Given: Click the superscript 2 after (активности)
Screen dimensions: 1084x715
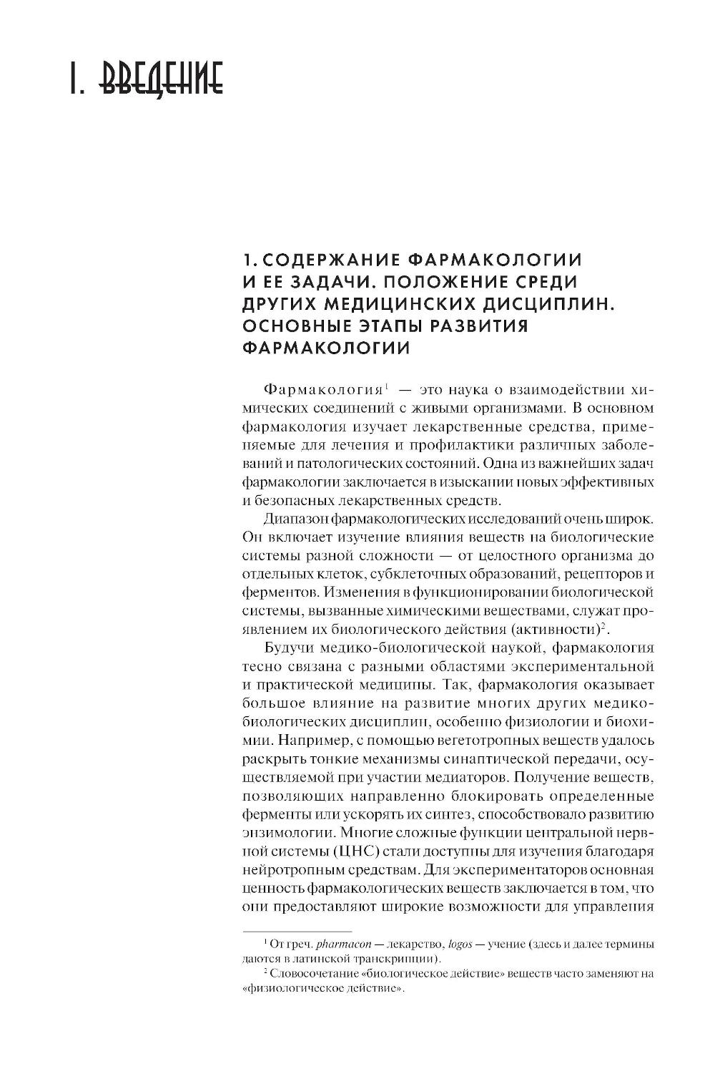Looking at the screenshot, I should (x=603, y=627).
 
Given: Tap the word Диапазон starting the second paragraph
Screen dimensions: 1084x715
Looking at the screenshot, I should (x=297, y=517).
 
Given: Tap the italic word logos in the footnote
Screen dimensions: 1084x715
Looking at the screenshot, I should (x=461, y=944).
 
